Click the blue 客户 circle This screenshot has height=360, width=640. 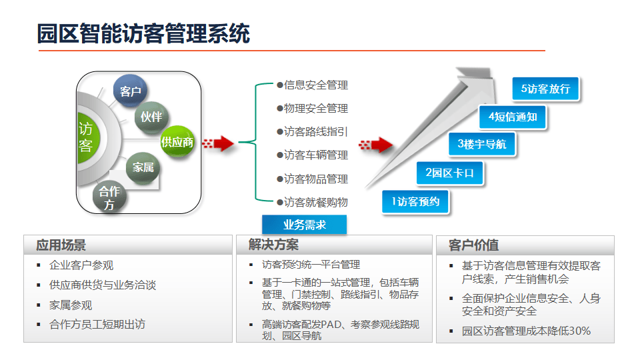[x=130, y=91]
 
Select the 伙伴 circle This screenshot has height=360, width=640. [x=151, y=117]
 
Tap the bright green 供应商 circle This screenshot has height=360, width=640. [x=177, y=142]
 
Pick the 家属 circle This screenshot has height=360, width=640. [x=143, y=167]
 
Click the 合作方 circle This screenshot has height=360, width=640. [x=109, y=197]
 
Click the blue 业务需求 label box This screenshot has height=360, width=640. [x=304, y=225]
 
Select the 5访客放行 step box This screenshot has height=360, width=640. [x=545, y=89]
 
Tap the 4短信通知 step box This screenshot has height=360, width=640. [x=513, y=117]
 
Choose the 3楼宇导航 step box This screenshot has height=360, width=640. [x=481, y=144]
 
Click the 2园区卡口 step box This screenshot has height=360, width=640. [x=449, y=173]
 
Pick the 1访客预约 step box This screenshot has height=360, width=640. [x=415, y=201]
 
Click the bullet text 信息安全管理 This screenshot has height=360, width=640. [x=316, y=85]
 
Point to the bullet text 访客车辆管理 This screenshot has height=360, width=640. [x=316, y=155]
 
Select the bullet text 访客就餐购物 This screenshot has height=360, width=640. [x=316, y=202]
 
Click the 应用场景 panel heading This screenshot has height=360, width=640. [x=61, y=245]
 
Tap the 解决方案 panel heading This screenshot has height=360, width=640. [x=273, y=245]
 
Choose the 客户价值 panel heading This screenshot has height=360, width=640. [x=473, y=245]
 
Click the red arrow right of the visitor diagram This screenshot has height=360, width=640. [x=219, y=143]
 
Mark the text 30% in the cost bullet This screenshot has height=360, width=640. [x=579, y=331]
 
